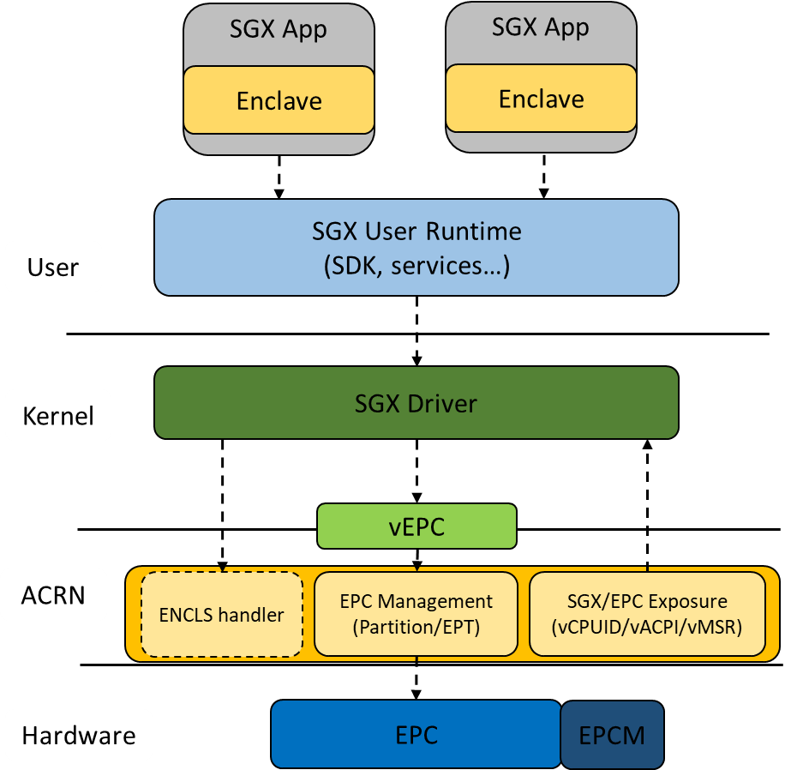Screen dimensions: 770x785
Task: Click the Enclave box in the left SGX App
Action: [279, 101]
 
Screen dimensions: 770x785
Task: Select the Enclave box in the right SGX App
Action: [541, 99]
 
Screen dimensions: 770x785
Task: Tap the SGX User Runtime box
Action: [416, 247]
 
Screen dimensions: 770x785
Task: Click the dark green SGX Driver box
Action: [416, 402]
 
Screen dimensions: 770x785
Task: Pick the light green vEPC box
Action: [416, 526]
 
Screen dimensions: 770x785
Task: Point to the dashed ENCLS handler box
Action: [222, 614]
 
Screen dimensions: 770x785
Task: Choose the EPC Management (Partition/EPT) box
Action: [416, 614]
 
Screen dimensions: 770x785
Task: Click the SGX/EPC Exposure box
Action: [647, 614]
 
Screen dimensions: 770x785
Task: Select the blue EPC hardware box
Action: [416, 734]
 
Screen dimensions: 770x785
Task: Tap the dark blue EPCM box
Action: [612, 735]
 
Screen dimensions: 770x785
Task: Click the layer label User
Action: [53, 268]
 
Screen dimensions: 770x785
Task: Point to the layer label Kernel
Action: [58, 417]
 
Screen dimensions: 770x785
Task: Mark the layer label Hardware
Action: [79, 736]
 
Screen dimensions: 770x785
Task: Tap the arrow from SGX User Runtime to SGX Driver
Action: [416, 331]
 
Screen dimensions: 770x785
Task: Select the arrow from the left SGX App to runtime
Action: [279, 177]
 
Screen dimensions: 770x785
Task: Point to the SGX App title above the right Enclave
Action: [541, 27]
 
